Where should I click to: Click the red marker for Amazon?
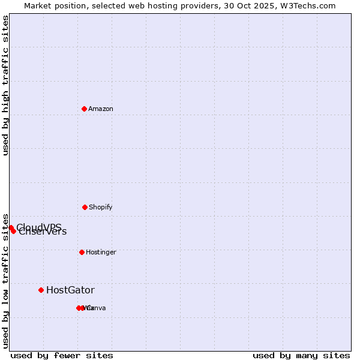(84, 109)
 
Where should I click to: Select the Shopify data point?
(85, 207)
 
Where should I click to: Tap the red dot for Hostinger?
(82, 252)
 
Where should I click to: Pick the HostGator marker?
(41, 290)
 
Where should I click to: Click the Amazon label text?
(101, 109)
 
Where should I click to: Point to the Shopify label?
(101, 207)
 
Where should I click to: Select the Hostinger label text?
(101, 252)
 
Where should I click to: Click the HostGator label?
(70, 290)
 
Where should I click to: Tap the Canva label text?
(96, 308)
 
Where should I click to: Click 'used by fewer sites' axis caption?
(62, 355)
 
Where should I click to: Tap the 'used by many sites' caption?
(301, 355)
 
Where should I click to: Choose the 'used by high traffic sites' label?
(5, 85)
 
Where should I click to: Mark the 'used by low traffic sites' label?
(5, 280)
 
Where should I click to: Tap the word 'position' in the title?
(74, 5)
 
